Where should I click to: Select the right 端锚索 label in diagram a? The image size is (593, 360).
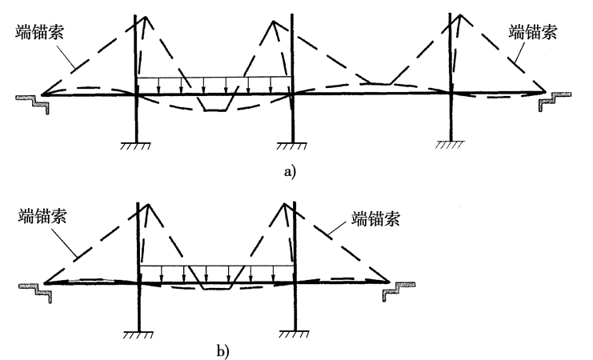(x=533, y=33)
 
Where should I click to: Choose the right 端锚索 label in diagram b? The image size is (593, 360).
(x=376, y=217)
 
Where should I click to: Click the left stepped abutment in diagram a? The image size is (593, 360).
(x=33, y=102)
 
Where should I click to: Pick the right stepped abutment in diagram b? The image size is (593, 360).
(x=399, y=289)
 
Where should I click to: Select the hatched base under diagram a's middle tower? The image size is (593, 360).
(x=293, y=145)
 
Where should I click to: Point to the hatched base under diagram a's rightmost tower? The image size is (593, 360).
(x=451, y=145)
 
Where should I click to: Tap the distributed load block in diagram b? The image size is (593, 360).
(x=216, y=272)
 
